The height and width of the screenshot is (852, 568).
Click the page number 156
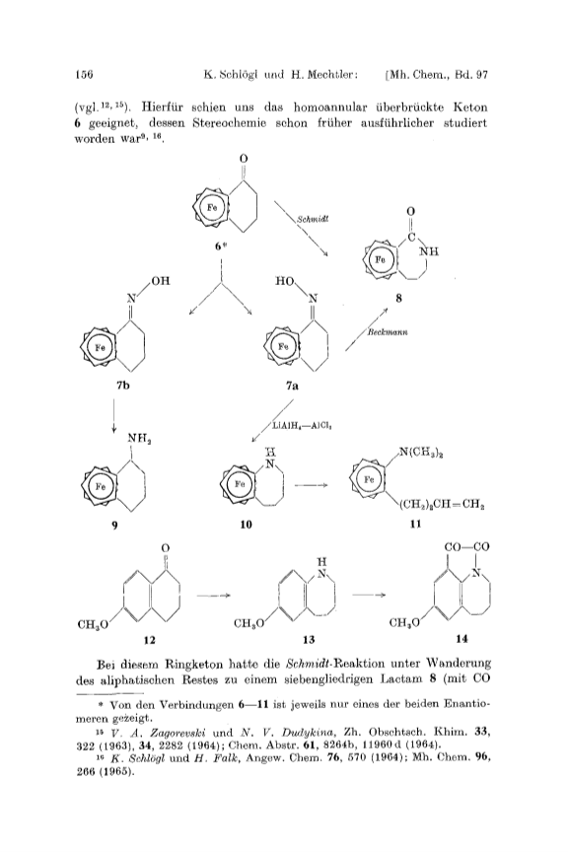pos(85,74)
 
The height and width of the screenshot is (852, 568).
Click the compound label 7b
pos(123,386)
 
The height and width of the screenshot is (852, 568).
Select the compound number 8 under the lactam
pos(399,299)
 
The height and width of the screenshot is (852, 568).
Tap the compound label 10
pos(246,525)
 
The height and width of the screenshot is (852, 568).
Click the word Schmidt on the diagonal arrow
pos(313,220)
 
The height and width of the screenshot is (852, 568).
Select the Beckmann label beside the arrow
pos(387,331)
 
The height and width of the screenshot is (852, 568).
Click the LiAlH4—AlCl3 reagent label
pos(302,427)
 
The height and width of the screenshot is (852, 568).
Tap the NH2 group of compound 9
pos(140,438)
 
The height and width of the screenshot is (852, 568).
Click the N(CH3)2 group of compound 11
pos(423,451)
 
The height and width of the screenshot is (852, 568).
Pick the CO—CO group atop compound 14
pos(466,546)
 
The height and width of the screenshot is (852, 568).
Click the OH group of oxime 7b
pos(161,280)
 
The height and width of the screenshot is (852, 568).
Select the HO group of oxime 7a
pos(285,281)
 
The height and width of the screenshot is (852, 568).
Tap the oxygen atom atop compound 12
pos(166,547)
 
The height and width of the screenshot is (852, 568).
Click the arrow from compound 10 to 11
pos(311,485)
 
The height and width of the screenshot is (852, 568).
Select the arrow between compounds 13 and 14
pos(369,595)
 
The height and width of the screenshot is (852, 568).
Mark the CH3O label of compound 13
pos(248,623)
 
